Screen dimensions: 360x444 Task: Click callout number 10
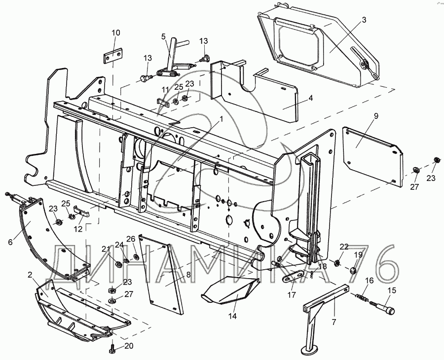115,33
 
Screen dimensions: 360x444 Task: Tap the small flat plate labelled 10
113,56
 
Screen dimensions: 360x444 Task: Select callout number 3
364,20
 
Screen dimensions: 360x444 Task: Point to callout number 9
376,116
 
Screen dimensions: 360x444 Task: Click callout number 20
129,346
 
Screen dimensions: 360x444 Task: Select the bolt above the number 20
111,349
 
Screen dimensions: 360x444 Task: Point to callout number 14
232,315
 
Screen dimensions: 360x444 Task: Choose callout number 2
30,274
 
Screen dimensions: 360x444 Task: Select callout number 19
359,254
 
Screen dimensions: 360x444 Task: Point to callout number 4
310,98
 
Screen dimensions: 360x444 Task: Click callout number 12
77,229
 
